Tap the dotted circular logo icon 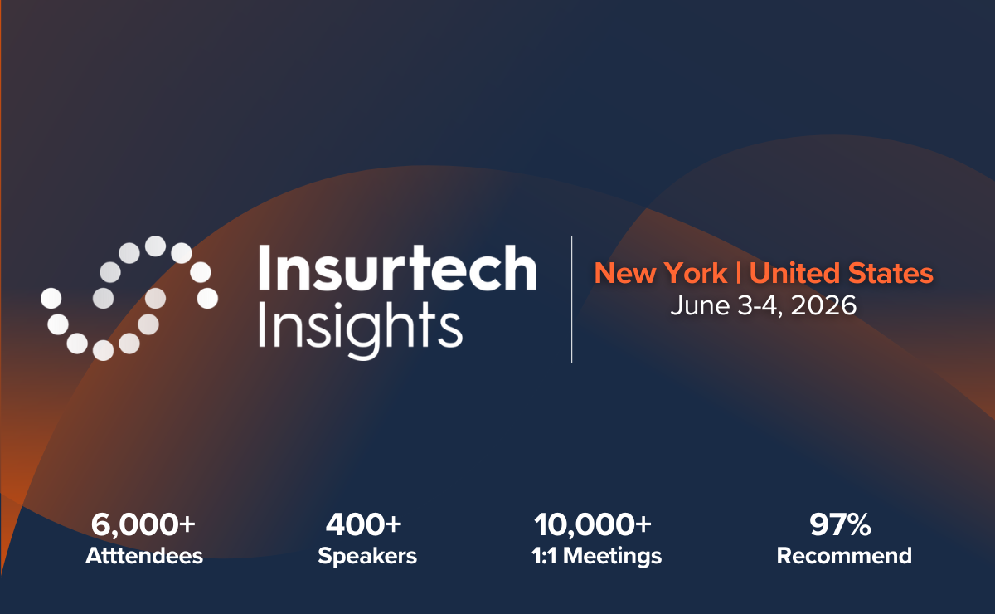point(129,298)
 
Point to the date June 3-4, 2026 point(763,305)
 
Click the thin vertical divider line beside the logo point(572,299)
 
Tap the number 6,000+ point(143,524)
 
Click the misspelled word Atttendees point(143,555)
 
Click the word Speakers point(367,555)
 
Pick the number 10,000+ point(593,524)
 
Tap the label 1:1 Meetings point(598,555)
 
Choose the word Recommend point(844,555)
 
